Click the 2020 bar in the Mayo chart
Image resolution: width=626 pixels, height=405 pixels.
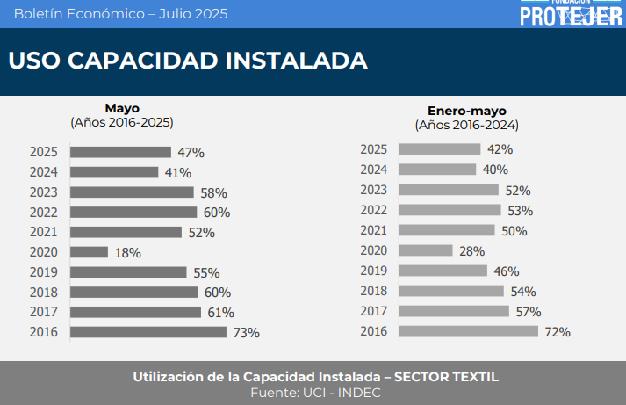pos(89,252)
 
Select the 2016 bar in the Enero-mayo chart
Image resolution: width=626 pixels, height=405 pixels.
pos(468,331)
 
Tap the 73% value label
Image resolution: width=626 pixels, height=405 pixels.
pos(245,333)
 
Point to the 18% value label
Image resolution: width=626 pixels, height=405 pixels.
pos(127,253)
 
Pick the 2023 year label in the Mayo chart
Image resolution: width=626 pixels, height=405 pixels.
pos(44,192)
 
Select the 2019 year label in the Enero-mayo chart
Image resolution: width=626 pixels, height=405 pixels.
pos(374,271)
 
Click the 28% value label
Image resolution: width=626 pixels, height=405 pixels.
pos(472,251)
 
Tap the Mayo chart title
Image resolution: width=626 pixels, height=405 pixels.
pos(122,108)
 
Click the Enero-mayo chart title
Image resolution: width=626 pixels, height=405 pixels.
pos(467,112)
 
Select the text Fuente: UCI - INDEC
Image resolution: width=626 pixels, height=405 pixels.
pos(315,393)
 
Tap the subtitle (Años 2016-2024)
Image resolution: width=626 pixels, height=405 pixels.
pos(467,126)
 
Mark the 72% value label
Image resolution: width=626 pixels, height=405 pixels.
pos(558,332)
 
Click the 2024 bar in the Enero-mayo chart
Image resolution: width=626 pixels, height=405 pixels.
pos(437,169)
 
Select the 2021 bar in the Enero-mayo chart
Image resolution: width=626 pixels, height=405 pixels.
pos(447,230)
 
